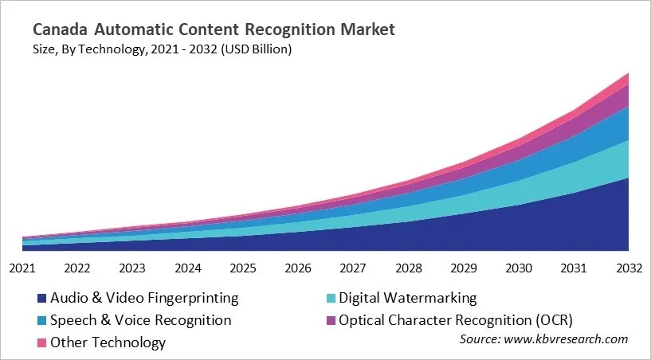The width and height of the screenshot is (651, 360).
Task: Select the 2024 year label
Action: tap(188, 268)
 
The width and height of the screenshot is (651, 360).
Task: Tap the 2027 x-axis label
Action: tap(353, 268)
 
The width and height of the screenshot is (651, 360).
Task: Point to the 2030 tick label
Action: tap(519, 268)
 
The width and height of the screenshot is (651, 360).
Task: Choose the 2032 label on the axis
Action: tap(629, 268)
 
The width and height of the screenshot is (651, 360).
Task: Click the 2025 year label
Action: tap(243, 268)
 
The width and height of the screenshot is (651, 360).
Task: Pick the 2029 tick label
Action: tap(464, 268)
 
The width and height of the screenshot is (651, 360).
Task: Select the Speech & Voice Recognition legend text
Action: tap(140, 320)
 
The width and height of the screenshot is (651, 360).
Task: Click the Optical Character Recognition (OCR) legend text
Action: tap(456, 320)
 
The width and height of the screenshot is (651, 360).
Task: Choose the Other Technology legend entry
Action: tap(108, 342)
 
